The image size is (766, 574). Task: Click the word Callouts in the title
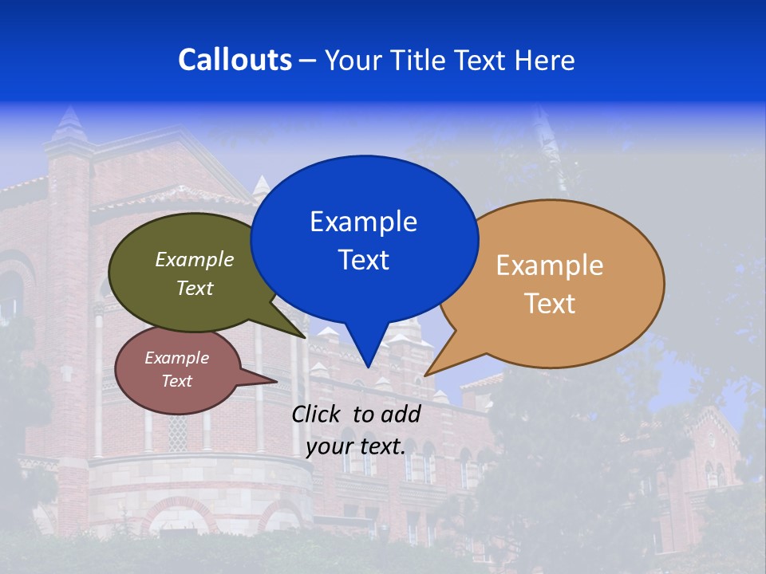[x=235, y=60]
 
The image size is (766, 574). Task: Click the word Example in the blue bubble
[x=363, y=222]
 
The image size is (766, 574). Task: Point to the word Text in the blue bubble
[x=363, y=260]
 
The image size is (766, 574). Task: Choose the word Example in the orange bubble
[x=550, y=265]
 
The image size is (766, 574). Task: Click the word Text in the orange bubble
[x=550, y=304]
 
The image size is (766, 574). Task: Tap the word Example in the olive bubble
[x=195, y=260]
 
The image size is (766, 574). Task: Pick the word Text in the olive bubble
[x=195, y=289]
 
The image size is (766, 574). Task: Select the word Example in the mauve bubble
[x=176, y=359]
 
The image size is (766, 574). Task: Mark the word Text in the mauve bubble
[x=176, y=381]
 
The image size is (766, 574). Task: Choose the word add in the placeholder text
[x=401, y=415]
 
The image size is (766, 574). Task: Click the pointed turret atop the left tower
[x=69, y=123]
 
